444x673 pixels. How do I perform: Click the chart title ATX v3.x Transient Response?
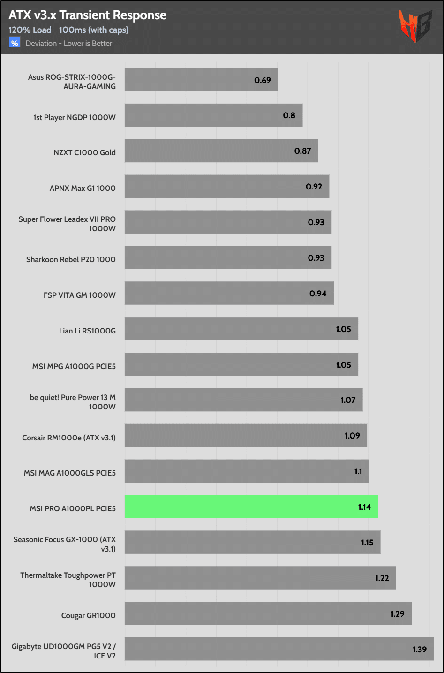(x=87, y=15)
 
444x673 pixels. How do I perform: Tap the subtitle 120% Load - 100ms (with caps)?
(x=68, y=30)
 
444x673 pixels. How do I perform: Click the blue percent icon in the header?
(x=15, y=43)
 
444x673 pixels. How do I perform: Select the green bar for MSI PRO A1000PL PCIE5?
(x=251, y=507)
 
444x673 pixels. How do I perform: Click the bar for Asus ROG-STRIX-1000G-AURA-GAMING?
(x=201, y=80)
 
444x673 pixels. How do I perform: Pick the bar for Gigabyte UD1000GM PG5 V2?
(x=279, y=649)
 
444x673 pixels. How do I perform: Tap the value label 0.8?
(x=289, y=115)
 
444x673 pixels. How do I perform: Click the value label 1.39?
(x=420, y=650)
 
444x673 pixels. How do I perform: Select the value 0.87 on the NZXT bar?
(x=303, y=151)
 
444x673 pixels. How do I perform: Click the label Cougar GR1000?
(x=88, y=615)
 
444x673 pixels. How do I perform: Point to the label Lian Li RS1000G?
(x=87, y=331)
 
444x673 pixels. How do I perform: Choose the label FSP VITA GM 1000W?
(x=79, y=295)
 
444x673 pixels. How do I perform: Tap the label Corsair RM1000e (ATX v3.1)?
(x=69, y=438)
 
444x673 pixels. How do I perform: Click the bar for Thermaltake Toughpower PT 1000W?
(x=260, y=578)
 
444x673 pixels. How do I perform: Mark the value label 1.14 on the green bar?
(x=364, y=507)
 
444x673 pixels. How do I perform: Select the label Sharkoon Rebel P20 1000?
(x=71, y=259)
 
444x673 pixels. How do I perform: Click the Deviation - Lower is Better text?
(x=69, y=44)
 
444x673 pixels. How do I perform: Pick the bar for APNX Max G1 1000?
(x=226, y=187)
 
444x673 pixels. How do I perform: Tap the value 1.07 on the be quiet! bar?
(x=348, y=400)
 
